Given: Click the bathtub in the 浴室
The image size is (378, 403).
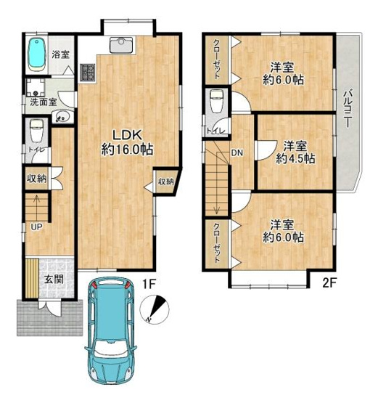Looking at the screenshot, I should (35, 54).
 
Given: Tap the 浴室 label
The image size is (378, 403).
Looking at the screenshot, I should (61, 54).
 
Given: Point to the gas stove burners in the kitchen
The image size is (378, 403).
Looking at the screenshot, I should (89, 71).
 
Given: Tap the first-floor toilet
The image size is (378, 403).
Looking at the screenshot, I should (36, 132).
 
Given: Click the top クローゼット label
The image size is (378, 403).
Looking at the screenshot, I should (217, 59).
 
